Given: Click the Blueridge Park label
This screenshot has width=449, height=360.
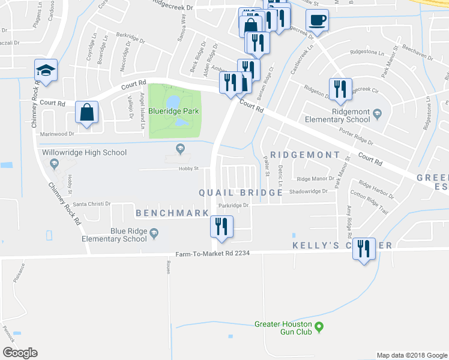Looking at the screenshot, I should [175, 110].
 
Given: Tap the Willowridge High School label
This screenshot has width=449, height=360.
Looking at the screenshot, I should [85, 152].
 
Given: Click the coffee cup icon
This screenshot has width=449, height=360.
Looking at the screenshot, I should [317, 20].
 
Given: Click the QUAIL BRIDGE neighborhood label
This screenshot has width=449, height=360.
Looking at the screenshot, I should [241, 193].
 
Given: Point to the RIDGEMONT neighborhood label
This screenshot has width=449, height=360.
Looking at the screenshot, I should [305, 155].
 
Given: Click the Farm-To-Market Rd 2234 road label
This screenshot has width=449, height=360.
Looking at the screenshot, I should [212, 254].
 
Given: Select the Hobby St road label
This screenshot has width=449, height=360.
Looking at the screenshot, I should [188, 169].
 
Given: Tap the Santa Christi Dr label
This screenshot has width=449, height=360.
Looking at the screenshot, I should [91, 204].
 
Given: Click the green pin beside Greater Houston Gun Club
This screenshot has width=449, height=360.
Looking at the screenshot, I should [319, 327].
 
